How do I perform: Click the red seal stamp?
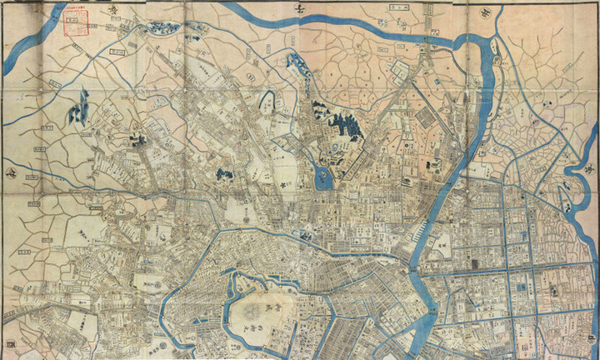tap(77, 24)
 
